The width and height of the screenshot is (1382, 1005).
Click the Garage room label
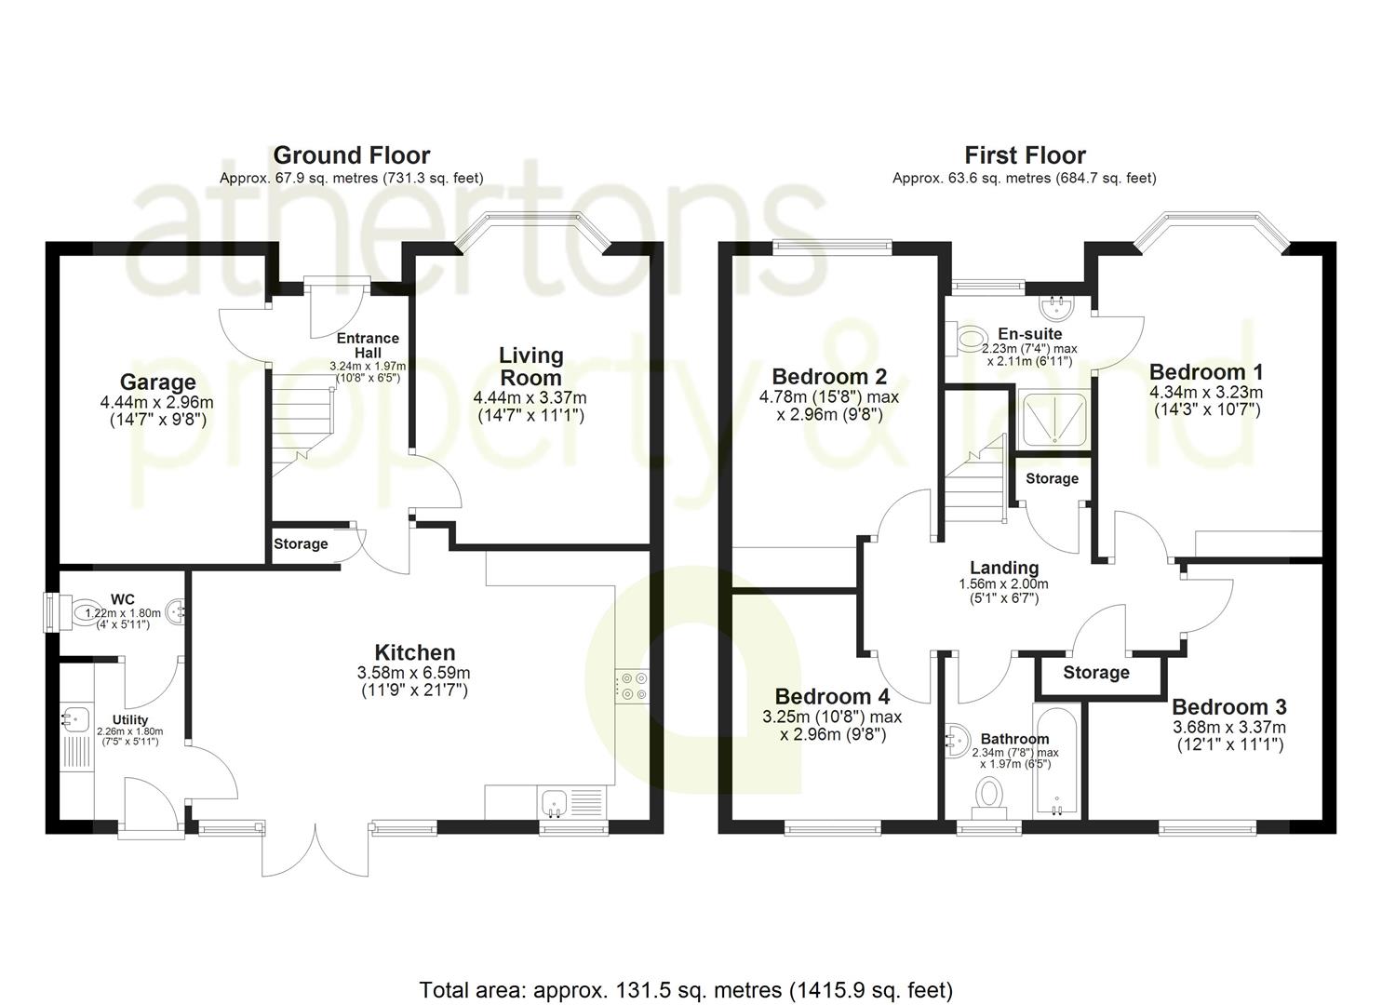click(x=157, y=382)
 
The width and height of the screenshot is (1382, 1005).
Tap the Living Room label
click(x=530, y=367)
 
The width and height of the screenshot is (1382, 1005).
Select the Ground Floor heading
click(x=352, y=154)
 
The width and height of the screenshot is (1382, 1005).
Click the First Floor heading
click(x=1025, y=154)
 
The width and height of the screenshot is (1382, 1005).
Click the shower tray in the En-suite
click(x=1054, y=419)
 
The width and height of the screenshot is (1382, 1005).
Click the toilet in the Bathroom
click(x=989, y=797)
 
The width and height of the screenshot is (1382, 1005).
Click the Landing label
click(x=1004, y=568)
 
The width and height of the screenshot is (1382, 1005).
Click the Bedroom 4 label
click(x=832, y=697)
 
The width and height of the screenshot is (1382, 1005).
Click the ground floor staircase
click(x=302, y=425)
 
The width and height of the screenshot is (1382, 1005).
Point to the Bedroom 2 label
click(x=829, y=376)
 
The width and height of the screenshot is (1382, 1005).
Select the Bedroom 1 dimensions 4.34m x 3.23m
click(x=1205, y=393)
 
